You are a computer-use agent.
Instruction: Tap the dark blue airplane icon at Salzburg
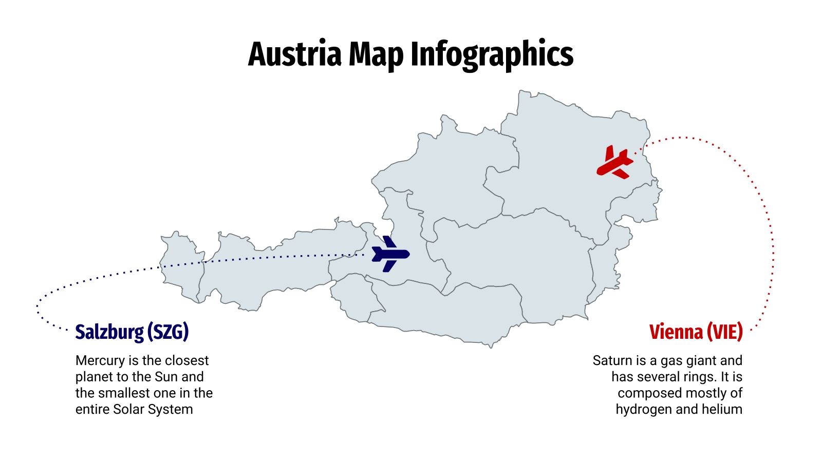click(x=389, y=254)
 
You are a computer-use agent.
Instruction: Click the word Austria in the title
click(x=294, y=54)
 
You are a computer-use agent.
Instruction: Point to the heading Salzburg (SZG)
click(x=132, y=332)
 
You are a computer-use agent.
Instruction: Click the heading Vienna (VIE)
click(x=696, y=332)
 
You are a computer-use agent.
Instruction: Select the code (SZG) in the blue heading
click(x=167, y=332)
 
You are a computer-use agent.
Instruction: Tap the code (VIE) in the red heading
click(x=724, y=332)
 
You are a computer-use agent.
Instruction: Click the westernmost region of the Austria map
click(x=180, y=267)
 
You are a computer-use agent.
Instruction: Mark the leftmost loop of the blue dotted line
click(x=38, y=308)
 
